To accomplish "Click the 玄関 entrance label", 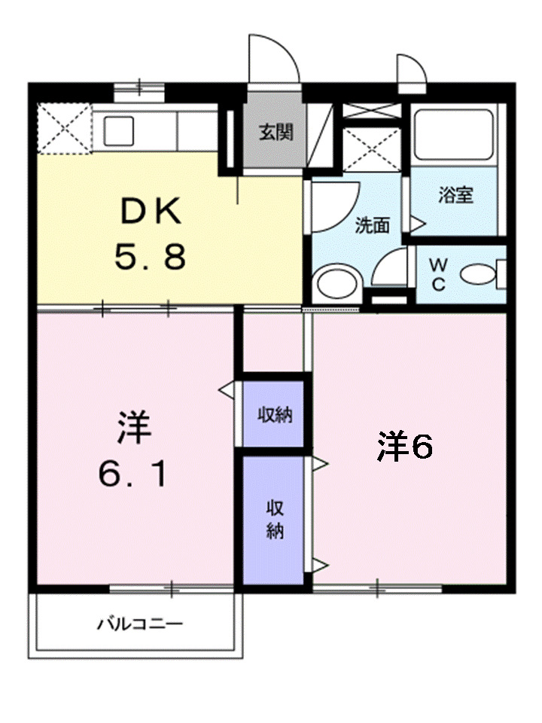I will (276, 133).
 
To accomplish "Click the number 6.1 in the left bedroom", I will (132, 473).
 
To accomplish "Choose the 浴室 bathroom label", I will (456, 196).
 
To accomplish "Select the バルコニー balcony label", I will (139, 624).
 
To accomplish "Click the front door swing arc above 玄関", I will (275, 56).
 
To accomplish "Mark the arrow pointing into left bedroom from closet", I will (226, 391).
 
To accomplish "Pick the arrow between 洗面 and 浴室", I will (416, 224).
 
